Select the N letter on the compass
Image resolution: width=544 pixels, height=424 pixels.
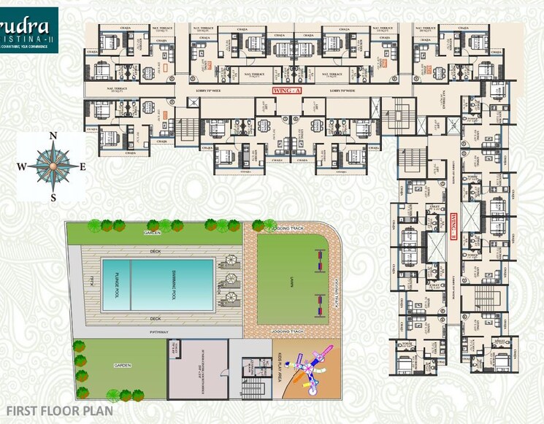pos(53,136)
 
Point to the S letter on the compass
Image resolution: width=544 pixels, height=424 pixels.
pos(53,196)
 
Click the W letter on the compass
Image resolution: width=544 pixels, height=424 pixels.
pos(22,166)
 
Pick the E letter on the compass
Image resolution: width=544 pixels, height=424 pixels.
pos(83,166)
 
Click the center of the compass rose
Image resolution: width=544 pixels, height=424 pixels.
pos(53,166)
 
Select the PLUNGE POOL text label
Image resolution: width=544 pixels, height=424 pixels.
pos(118,285)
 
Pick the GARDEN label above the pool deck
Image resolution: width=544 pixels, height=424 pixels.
pos(153,232)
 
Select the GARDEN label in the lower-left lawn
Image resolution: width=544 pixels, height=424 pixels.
pos(121,366)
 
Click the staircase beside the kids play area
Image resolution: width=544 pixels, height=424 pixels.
pos(253,387)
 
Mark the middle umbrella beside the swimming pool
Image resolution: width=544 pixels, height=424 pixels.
pos(231,279)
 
